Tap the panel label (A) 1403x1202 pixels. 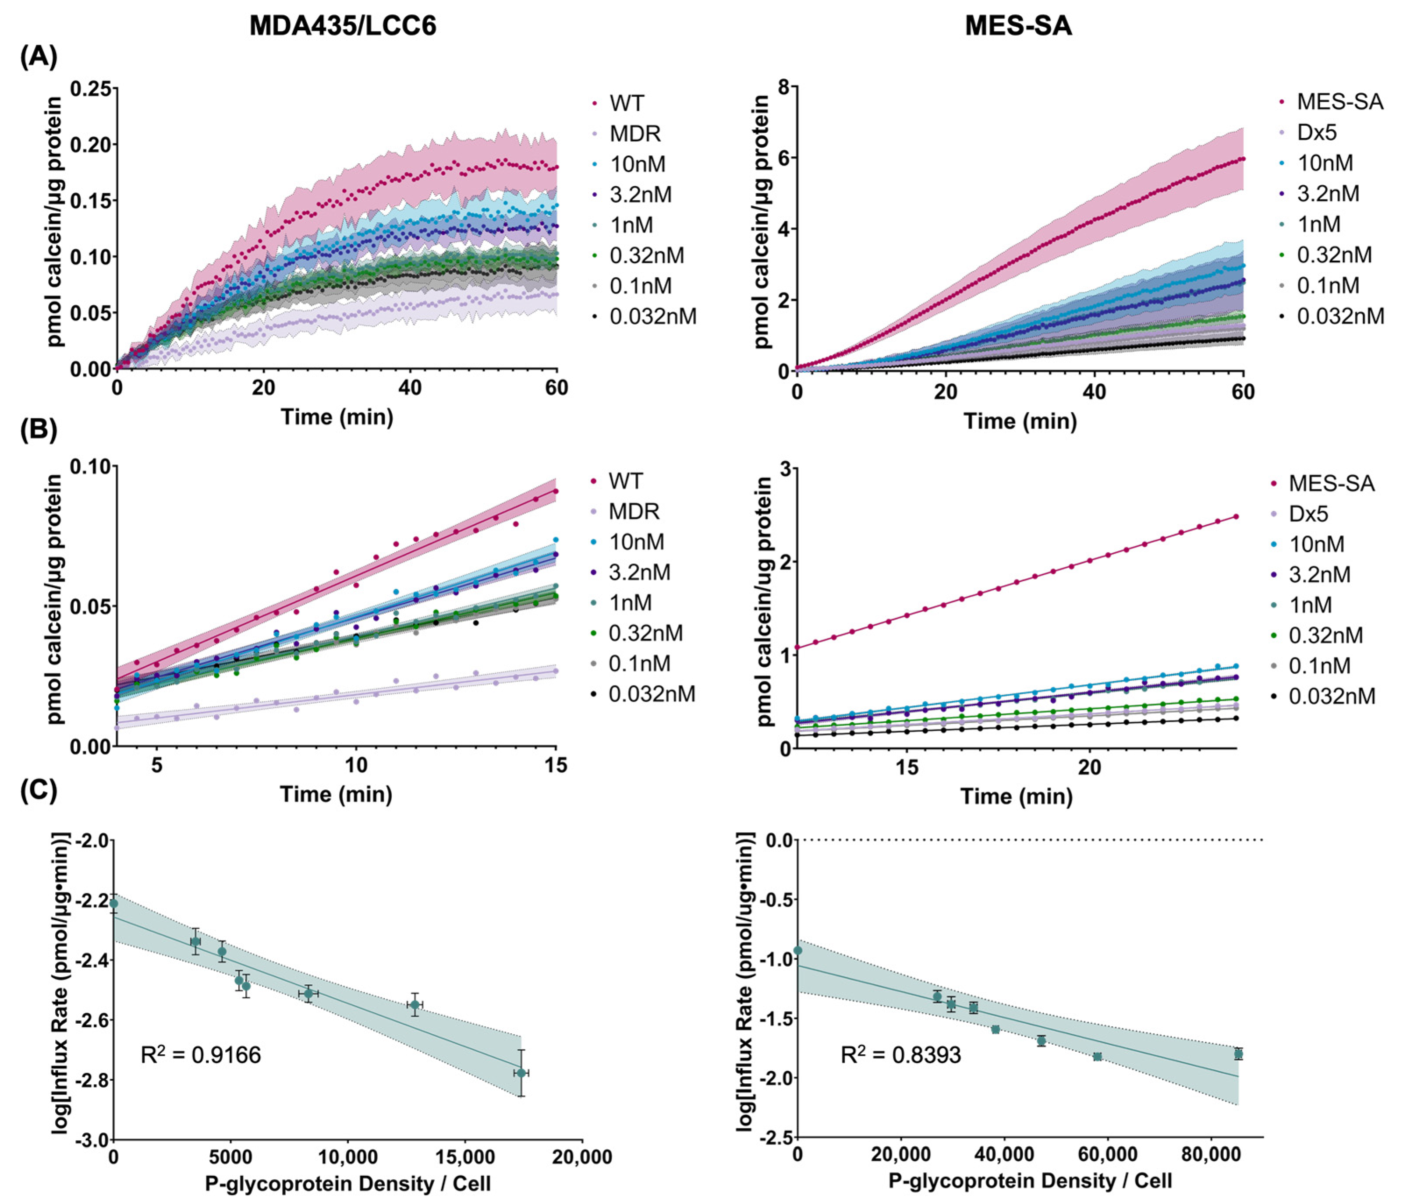click(x=39, y=56)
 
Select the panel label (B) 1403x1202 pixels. click(x=39, y=431)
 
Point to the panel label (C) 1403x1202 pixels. click(x=39, y=790)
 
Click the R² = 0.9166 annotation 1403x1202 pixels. click(x=200, y=1054)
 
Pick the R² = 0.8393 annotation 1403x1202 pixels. click(x=900, y=1054)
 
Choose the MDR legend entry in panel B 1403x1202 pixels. click(x=633, y=511)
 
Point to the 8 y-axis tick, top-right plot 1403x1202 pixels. click(x=783, y=87)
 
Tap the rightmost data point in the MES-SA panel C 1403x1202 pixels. click(x=1238, y=1054)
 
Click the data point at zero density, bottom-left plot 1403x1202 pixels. click(x=114, y=903)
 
